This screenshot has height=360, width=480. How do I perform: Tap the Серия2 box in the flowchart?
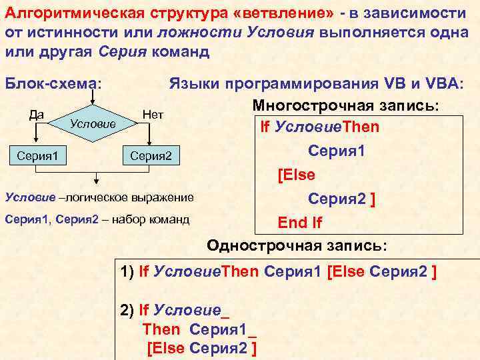[x=151, y=156]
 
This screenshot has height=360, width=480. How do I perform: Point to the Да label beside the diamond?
[x=37, y=114]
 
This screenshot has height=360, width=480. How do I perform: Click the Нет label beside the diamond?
[x=153, y=114]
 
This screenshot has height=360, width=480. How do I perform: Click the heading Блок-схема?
[x=53, y=84]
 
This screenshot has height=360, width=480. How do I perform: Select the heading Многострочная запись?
[x=345, y=105]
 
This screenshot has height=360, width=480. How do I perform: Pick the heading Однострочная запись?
[x=297, y=245]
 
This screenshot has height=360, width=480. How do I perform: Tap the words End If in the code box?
[x=300, y=223]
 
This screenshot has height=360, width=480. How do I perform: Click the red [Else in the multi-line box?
[x=295, y=175]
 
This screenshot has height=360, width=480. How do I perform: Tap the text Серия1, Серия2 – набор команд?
[x=97, y=219]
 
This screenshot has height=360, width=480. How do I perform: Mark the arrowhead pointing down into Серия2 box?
[x=151, y=141]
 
